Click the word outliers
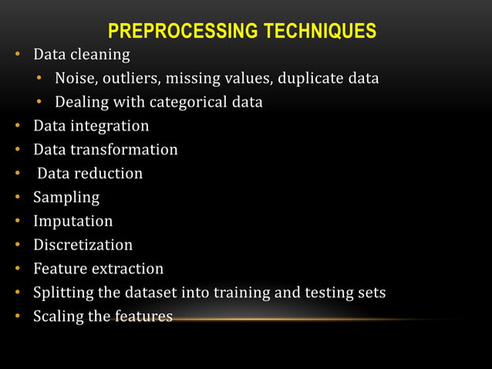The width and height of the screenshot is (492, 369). pyautogui.click(x=130, y=78)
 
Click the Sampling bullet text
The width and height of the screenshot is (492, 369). pyautogui.click(x=66, y=198)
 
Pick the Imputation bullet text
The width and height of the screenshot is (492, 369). pyautogui.click(x=72, y=222)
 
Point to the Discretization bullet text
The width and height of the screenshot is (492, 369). pyautogui.click(x=83, y=245)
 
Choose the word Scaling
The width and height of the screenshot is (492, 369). pyautogui.click(x=57, y=317)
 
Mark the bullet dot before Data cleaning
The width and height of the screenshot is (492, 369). pyautogui.click(x=15, y=56)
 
